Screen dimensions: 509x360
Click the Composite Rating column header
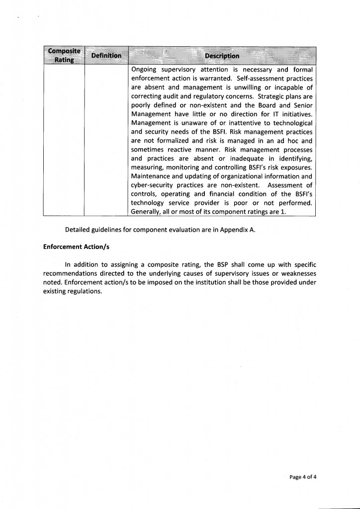64,56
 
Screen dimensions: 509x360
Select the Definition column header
106,56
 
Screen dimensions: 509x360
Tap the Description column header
222,56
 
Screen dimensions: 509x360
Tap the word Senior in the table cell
301,105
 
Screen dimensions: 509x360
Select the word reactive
180,150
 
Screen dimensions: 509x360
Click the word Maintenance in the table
151,176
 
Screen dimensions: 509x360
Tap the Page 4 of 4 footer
303,477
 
